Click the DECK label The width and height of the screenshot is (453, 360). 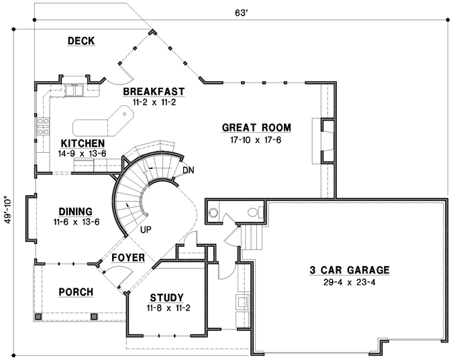[81, 42]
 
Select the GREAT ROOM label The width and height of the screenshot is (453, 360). [256, 127]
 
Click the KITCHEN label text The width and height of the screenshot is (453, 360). [83, 143]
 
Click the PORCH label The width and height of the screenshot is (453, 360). [76, 292]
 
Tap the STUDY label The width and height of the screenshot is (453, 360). [166, 298]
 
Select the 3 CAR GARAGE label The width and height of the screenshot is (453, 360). [349, 270]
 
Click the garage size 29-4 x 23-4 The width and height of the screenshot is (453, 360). [349, 282]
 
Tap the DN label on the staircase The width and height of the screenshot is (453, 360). [188, 170]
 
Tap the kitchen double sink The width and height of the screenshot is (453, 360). [74, 89]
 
